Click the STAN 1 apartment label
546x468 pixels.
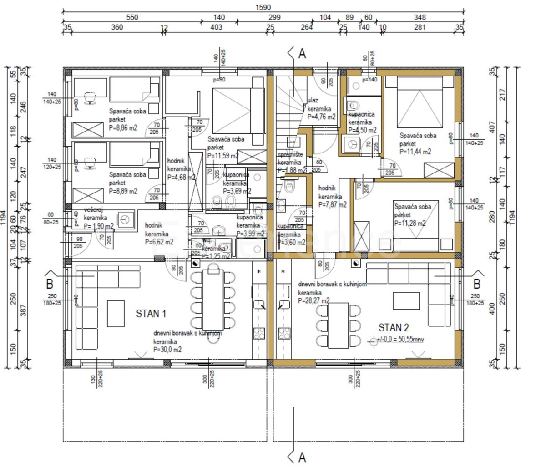(151, 314)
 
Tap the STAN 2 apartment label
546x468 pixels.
(394, 328)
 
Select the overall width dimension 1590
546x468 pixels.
(263, 7)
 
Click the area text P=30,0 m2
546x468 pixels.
(167, 350)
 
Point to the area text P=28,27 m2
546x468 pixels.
(314, 301)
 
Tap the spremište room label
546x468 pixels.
(290, 155)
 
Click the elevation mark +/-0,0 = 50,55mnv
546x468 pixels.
(398, 340)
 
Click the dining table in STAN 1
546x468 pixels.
(213, 299)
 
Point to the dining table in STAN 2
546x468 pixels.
(338, 326)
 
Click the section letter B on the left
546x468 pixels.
(50, 285)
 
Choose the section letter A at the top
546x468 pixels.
(302, 54)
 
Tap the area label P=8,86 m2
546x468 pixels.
(123, 128)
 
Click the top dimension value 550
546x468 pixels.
(132, 17)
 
